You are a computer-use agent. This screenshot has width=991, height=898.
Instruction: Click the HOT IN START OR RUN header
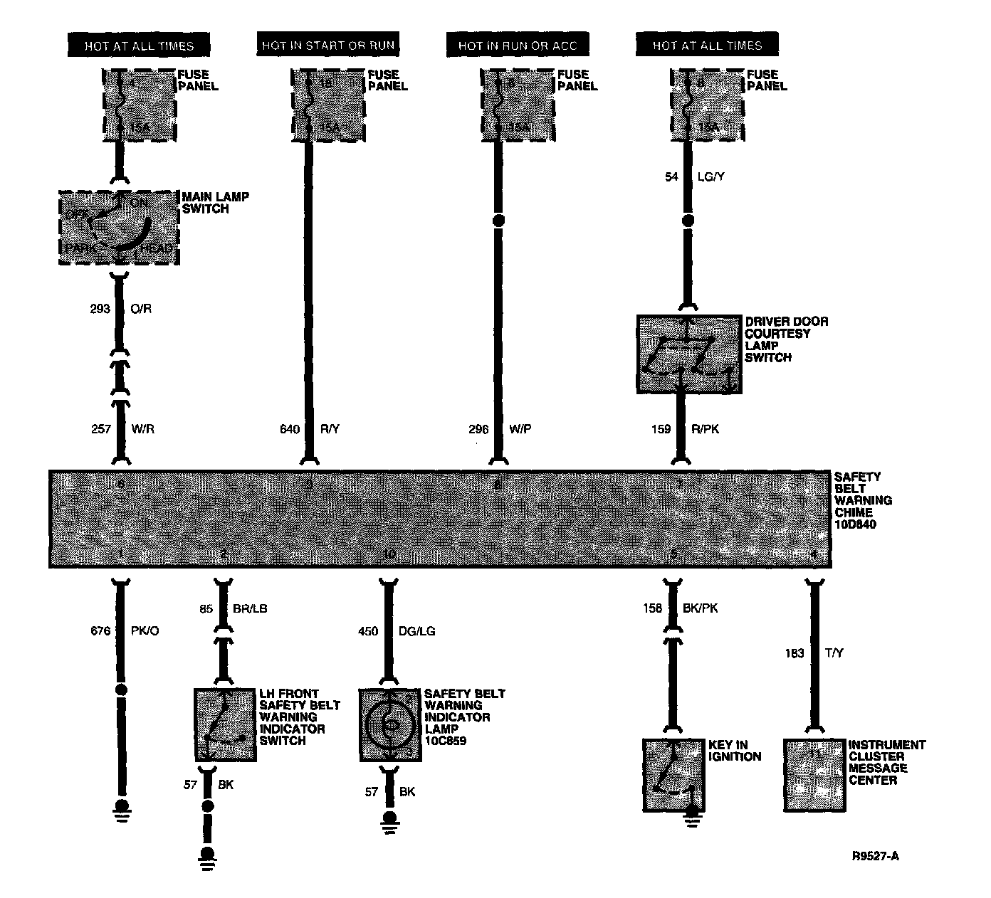pyautogui.click(x=327, y=45)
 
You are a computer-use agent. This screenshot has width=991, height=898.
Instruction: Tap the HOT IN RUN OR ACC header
pyautogui.click(x=517, y=45)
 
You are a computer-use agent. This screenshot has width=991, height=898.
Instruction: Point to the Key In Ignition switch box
pyautogui.click(x=673, y=775)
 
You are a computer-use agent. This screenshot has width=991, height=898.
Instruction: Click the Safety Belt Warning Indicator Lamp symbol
pyautogui.click(x=389, y=724)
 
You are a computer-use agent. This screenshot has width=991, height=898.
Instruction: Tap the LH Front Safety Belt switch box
pyautogui.click(x=225, y=724)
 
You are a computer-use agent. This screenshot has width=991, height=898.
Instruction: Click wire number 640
pyautogui.click(x=289, y=429)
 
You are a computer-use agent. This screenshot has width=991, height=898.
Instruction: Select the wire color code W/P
pyautogui.click(x=520, y=429)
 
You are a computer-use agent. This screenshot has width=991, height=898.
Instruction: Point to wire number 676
pyautogui.click(x=100, y=630)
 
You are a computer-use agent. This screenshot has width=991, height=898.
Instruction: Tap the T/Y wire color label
pyautogui.click(x=834, y=653)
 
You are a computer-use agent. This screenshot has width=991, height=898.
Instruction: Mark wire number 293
pyautogui.click(x=100, y=309)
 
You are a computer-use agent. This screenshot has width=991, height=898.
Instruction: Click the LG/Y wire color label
pyautogui.click(x=711, y=176)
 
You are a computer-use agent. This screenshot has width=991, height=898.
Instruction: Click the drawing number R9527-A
pyautogui.click(x=875, y=856)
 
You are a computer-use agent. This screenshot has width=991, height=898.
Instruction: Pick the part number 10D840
pyautogui.click(x=855, y=524)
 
